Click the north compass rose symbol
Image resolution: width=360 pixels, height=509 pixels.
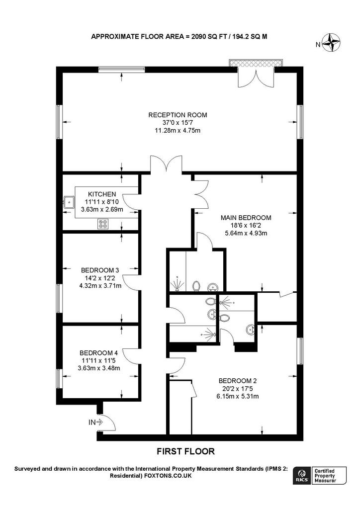tap(331, 43)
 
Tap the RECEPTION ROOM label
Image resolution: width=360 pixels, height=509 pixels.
tap(178, 115)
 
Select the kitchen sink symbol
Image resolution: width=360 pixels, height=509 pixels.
tap(69, 202)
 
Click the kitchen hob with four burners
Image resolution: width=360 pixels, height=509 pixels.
tap(103, 224)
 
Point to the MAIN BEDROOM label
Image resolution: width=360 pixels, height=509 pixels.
tap(246, 218)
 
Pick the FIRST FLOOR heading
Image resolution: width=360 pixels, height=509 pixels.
tap(185, 451)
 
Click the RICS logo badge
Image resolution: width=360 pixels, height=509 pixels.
tap(301, 476)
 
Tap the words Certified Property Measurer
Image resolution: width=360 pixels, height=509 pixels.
tap(325, 476)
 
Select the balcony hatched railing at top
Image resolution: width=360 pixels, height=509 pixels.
tap(256, 63)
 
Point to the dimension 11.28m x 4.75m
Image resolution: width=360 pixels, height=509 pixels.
tap(177, 131)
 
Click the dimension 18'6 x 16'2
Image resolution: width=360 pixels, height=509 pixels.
tap(246, 225)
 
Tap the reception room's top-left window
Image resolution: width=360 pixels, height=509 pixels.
tap(121, 69)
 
